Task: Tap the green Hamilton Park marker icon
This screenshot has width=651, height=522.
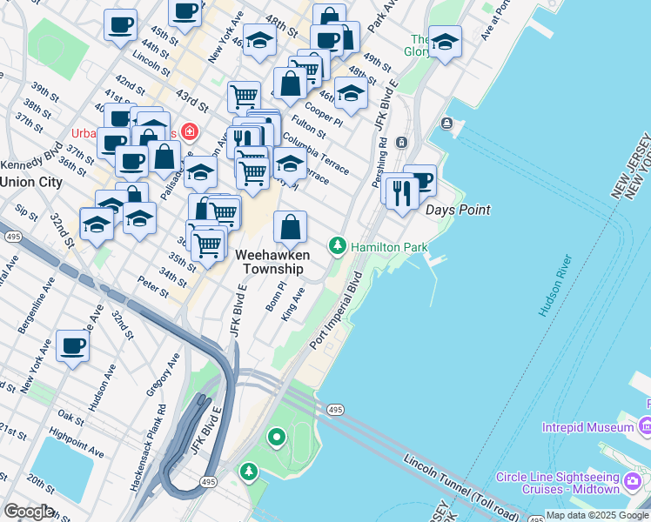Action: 338,248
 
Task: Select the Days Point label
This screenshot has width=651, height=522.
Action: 457,210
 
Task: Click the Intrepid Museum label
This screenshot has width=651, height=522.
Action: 587,427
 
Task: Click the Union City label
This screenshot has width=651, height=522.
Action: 31,182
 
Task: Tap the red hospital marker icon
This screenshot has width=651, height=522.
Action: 189,133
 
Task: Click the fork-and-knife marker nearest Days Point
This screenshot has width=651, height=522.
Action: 401,193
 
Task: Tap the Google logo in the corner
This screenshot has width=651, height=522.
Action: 28,512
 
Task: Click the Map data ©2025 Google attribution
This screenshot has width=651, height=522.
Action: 597,515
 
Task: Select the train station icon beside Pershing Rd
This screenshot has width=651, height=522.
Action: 402,142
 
